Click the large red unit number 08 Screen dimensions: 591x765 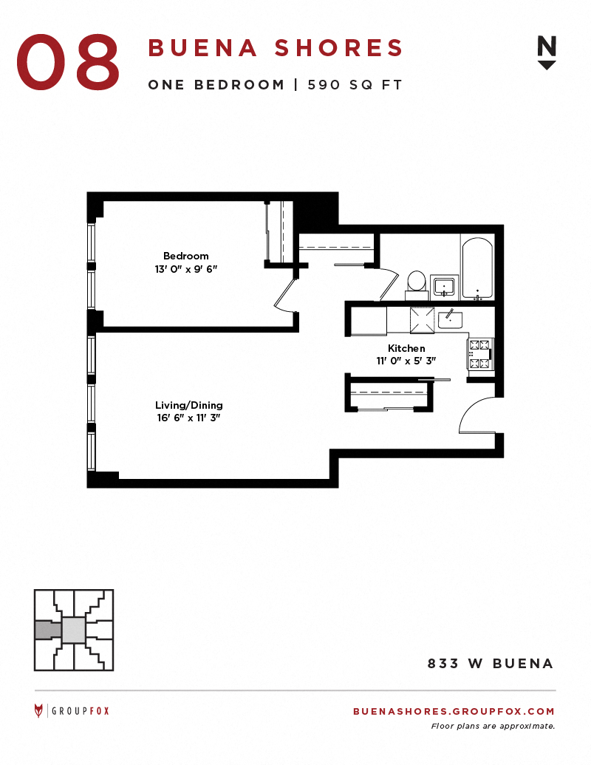click(x=68, y=61)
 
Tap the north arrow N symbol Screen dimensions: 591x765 click(x=546, y=52)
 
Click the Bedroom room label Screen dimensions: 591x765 click(x=185, y=256)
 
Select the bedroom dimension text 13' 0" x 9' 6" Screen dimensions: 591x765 click(x=185, y=269)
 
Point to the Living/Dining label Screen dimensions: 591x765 click(x=188, y=405)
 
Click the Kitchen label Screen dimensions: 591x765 click(x=406, y=348)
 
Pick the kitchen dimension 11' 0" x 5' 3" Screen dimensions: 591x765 click(x=406, y=361)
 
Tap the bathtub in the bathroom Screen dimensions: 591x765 click(x=477, y=268)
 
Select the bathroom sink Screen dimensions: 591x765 click(x=444, y=286)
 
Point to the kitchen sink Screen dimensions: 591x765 click(x=450, y=319)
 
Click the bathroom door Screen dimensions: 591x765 click(x=389, y=285)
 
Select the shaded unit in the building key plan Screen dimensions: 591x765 click(x=48, y=630)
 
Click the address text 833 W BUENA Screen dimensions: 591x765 click(x=490, y=664)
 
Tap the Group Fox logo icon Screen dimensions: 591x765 click(x=38, y=711)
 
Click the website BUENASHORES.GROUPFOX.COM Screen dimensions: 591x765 click(x=454, y=711)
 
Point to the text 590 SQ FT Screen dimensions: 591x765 click(x=355, y=85)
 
